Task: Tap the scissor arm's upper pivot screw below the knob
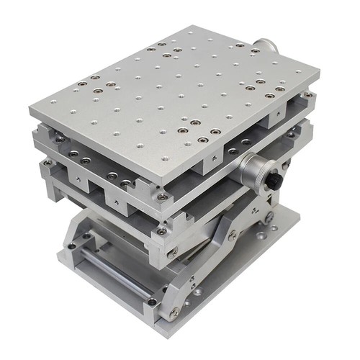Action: (269, 217)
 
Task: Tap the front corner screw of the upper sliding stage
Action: (163, 197)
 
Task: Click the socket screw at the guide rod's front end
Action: (151, 300)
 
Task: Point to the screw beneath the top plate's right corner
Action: (308, 94)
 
